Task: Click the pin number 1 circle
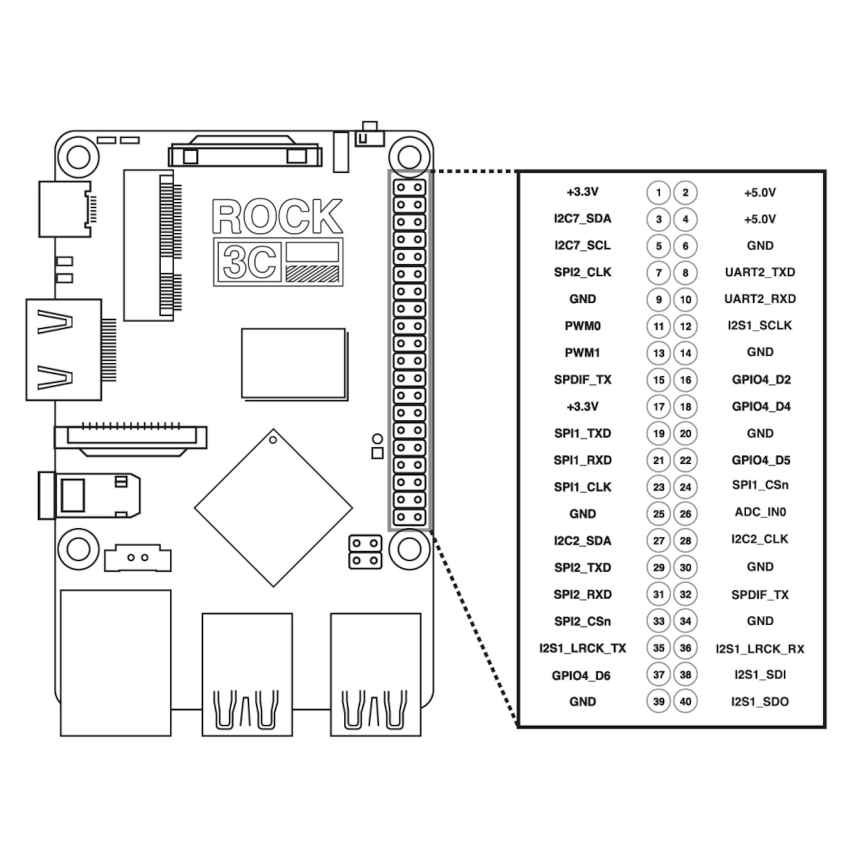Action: pos(658,192)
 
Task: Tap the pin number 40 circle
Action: pos(685,701)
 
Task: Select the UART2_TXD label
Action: pos(760,272)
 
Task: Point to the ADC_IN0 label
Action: pos(760,512)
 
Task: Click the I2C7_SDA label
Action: pos(582,219)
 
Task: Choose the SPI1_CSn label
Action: pos(760,485)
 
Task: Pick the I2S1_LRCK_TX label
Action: pos(582,648)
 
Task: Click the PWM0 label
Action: pos(582,326)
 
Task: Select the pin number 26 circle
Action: pos(685,514)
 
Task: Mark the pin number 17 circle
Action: pos(658,406)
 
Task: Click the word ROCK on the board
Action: pos(277,216)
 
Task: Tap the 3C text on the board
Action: pos(249,262)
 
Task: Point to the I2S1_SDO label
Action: pos(760,702)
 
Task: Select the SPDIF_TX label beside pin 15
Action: pos(582,380)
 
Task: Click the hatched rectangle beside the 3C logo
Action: pos(313,273)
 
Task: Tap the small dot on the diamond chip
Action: pos(273,440)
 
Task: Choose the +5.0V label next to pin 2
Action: pos(760,192)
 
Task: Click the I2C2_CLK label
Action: pos(760,539)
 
